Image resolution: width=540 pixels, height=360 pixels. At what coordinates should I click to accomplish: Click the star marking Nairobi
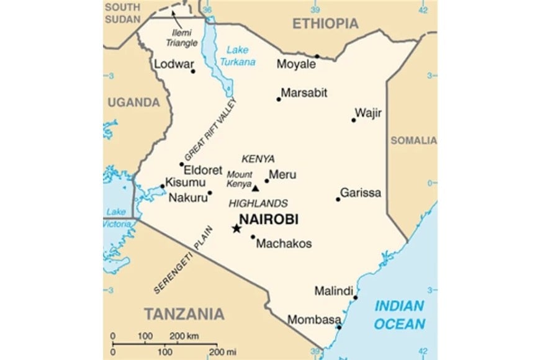click(x=236, y=228)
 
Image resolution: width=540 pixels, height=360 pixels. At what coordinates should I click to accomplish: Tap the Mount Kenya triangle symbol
click(x=255, y=187)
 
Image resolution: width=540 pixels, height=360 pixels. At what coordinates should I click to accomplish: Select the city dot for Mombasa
click(x=339, y=326)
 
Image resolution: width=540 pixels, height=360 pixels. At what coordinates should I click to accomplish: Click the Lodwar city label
click(x=174, y=64)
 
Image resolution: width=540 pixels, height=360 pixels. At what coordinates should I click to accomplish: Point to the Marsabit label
click(x=304, y=93)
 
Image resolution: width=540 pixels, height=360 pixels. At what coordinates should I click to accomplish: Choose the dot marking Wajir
click(x=354, y=120)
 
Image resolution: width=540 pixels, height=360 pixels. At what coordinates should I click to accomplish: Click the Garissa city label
click(x=360, y=192)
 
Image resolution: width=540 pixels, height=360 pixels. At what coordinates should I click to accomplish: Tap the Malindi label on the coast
click(x=333, y=290)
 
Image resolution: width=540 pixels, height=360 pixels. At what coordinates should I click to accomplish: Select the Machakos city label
click(x=284, y=243)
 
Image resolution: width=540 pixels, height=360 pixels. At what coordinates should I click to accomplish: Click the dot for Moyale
click(x=317, y=56)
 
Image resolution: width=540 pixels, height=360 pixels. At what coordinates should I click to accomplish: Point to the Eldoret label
click(x=203, y=169)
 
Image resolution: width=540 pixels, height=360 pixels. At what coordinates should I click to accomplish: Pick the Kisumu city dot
click(x=163, y=186)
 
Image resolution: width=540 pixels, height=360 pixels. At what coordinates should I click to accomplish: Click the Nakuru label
click(x=187, y=199)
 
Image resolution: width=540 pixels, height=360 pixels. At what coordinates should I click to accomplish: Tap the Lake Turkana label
click(x=240, y=56)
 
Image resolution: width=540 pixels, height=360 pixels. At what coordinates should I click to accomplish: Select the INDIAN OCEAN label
click(x=400, y=315)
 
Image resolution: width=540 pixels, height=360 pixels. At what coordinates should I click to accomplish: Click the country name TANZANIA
click(x=184, y=314)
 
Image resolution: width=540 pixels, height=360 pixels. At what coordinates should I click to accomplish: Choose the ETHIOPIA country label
click(x=325, y=24)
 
